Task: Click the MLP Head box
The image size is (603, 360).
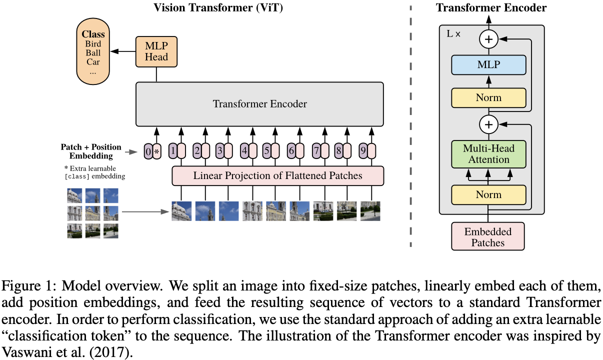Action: [156, 51]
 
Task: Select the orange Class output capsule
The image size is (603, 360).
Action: [93, 51]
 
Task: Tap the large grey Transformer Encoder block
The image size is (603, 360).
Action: [260, 104]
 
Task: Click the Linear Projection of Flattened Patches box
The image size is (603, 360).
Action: [278, 175]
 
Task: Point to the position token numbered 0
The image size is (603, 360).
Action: [148, 151]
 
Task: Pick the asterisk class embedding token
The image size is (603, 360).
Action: [157, 151]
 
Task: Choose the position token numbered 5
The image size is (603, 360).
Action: [266, 150]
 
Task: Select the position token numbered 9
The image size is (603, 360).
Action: [363, 150]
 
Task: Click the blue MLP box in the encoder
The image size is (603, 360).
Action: [488, 64]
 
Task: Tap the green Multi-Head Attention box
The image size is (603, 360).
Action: [488, 154]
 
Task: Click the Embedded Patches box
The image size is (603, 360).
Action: [488, 236]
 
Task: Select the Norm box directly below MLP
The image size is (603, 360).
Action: [488, 97]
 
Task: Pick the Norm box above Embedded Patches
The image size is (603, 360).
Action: [488, 194]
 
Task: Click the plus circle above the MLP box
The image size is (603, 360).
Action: [489, 39]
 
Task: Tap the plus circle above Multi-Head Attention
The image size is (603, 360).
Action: [489, 124]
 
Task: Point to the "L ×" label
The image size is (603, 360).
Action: [453, 34]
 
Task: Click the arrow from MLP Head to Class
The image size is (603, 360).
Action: [123, 51]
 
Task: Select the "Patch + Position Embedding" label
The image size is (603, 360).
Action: [91, 151]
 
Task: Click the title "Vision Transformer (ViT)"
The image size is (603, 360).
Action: [218, 7]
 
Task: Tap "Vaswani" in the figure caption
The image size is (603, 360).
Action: [26, 352]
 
